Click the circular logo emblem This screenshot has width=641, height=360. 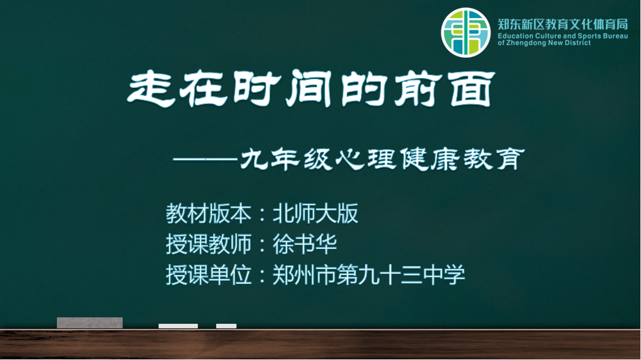click(465, 33)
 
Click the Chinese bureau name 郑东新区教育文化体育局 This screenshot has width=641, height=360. click(562, 25)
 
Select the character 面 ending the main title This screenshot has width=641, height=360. click(472, 89)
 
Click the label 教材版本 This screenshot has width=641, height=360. click(208, 214)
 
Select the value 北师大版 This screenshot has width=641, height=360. click(315, 214)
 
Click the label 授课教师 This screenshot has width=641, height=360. click(208, 244)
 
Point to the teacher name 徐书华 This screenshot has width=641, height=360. click(304, 244)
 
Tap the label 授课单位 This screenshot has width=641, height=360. click(208, 275)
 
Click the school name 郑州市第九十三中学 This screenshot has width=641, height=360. click(369, 275)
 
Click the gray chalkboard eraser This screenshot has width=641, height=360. click(89, 323)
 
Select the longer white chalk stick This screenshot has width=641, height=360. click(178, 326)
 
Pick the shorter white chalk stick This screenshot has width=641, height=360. click(226, 326)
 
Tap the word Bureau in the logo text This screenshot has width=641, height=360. click(615, 36)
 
